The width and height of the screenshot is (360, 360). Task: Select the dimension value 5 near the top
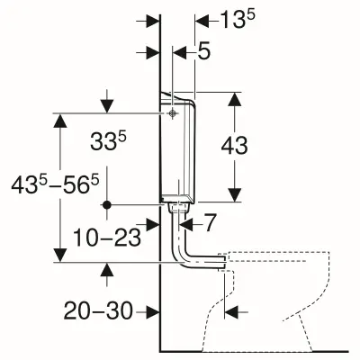(x=204, y=53)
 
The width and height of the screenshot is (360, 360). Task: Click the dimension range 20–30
(x=97, y=310)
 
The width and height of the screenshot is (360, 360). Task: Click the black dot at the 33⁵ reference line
(x=106, y=205)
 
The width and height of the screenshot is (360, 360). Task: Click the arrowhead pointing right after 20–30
(x=151, y=310)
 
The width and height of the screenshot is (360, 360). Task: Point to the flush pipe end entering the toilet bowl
(x=220, y=262)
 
